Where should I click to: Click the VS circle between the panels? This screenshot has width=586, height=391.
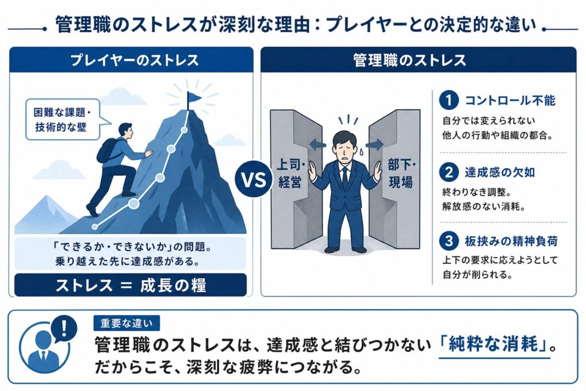click(x=254, y=179)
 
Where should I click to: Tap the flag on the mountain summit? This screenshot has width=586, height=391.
click(x=193, y=98)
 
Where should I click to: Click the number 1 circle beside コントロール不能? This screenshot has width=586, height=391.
click(x=449, y=100)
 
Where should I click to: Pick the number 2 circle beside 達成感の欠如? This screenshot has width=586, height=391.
click(x=449, y=172)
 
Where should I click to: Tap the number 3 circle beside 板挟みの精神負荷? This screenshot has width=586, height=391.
click(x=449, y=241)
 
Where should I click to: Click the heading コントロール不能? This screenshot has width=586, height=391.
click(x=510, y=100)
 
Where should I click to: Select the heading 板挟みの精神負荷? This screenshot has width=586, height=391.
click(x=511, y=241)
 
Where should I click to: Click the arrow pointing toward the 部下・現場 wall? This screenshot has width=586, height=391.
click(x=374, y=144)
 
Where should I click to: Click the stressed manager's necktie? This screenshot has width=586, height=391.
click(x=345, y=177)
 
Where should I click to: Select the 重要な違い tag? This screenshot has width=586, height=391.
click(x=126, y=323)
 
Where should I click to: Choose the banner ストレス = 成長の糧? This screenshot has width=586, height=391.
click(x=130, y=285)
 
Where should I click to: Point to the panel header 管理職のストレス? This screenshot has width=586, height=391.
click(x=410, y=60)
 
